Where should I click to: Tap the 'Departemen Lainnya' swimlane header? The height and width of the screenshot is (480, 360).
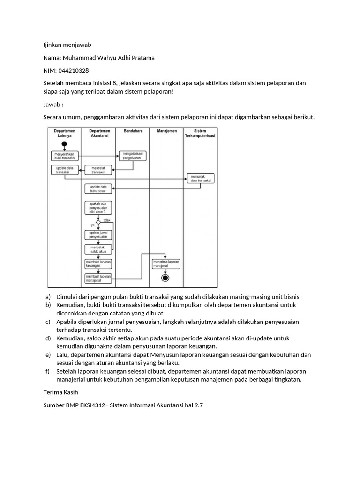(x=65, y=133)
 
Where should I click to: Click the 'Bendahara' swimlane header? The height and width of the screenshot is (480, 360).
(x=133, y=131)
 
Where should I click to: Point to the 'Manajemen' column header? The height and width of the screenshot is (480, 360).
(x=167, y=131)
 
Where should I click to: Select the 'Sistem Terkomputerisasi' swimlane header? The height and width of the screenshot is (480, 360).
(x=200, y=133)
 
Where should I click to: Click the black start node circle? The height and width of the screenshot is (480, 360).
(x=65, y=144)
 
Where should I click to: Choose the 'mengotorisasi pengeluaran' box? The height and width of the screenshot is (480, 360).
(x=133, y=156)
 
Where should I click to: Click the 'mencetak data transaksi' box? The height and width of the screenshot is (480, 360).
(x=201, y=178)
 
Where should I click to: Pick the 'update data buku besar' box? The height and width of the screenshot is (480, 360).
(x=98, y=188)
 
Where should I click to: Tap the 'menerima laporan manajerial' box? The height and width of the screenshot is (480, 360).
(x=166, y=263)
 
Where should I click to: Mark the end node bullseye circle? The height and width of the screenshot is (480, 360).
(x=165, y=278)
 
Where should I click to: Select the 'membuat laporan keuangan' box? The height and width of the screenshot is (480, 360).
(x=98, y=263)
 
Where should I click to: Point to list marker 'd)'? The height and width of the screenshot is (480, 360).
(x=48, y=338)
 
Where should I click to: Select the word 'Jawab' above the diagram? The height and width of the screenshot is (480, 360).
(x=52, y=104)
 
